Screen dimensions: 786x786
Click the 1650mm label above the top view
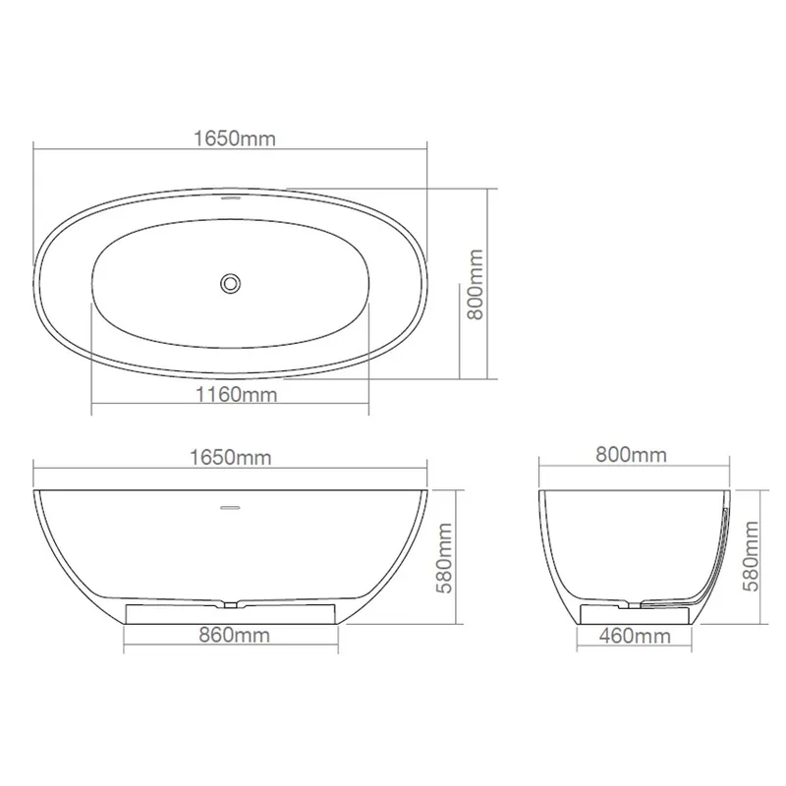click(x=235, y=139)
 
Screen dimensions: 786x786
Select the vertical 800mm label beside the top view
click(x=475, y=284)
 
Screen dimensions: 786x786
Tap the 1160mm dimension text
click(x=236, y=395)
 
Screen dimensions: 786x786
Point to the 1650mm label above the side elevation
click(x=231, y=457)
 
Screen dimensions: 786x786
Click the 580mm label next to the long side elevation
click(x=444, y=558)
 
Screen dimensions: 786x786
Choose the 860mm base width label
click(x=234, y=635)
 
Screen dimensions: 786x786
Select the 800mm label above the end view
click(x=631, y=455)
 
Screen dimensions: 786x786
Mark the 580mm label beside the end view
click(x=751, y=556)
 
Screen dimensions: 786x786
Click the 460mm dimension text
click(x=635, y=636)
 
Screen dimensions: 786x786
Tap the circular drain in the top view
click(x=231, y=283)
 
